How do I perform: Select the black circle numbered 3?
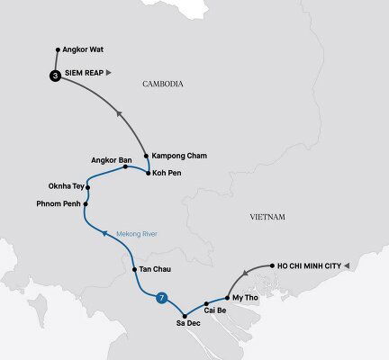(x=56, y=76)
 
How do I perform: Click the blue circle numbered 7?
(x=162, y=298)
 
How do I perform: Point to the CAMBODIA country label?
(x=163, y=84)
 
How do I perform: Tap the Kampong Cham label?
(x=180, y=156)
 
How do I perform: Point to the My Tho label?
(x=244, y=296)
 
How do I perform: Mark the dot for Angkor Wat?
(x=58, y=49)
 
